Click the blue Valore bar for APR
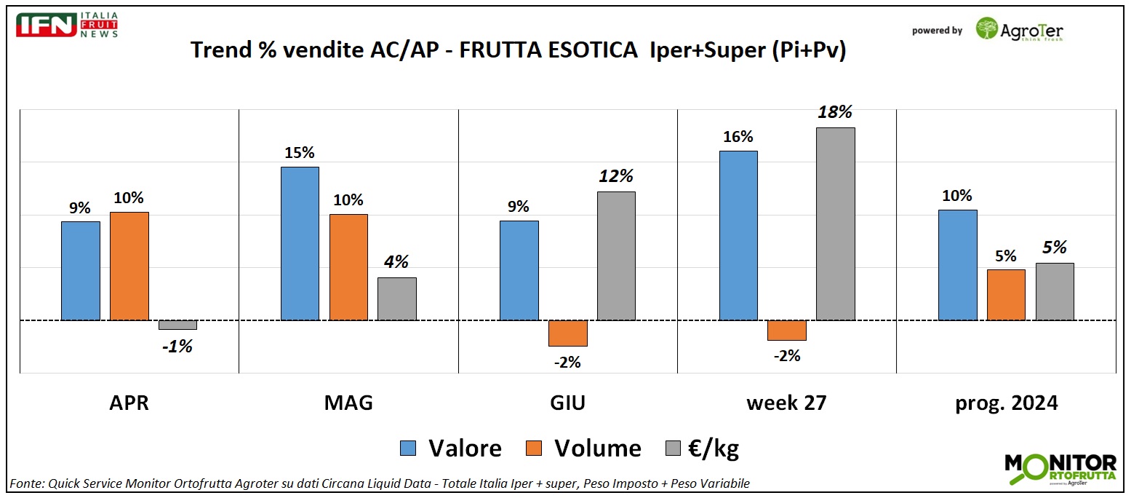81,271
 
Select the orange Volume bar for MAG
348,267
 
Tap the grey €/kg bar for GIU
616,256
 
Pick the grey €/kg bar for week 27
835,224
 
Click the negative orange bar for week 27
786,331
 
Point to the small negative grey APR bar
177,325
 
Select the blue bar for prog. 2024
957,265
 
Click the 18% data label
835,113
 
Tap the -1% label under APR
177,347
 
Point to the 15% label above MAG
300,153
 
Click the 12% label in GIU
616,176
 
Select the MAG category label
348,403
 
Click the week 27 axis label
786,403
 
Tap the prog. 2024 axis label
1006,403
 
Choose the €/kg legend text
713,448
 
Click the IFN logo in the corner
47,24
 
